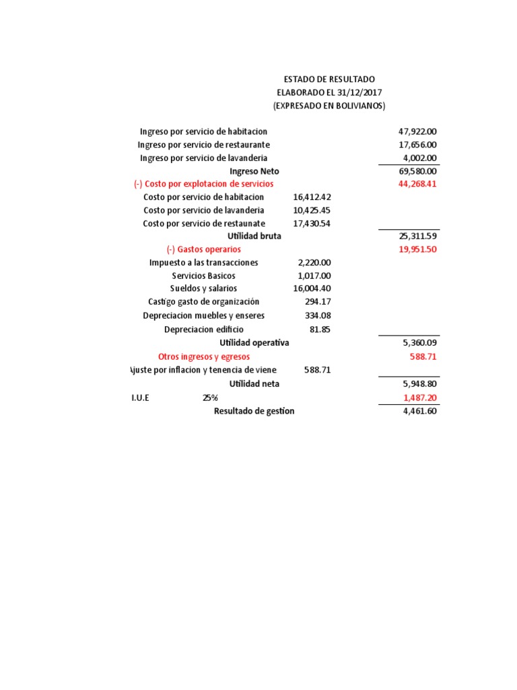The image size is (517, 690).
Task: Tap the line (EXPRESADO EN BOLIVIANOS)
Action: point(329,106)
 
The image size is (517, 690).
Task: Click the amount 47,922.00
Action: point(417,131)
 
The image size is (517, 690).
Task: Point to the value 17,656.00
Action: point(417,145)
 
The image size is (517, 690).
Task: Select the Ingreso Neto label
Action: point(254,171)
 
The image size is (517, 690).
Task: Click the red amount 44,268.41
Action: point(417,184)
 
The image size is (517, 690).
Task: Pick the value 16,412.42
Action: point(312,197)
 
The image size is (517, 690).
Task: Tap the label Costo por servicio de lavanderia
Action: point(203,210)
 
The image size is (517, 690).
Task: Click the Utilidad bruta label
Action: point(254,237)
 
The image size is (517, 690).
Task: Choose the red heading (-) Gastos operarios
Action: point(204,249)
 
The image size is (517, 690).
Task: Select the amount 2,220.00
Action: point(314,263)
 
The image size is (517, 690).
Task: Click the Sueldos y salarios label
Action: point(204,288)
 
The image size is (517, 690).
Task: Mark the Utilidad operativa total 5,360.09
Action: point(419,342)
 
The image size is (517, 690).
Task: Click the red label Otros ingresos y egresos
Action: point(204,356)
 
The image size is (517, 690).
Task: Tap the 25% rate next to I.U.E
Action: point(210,398)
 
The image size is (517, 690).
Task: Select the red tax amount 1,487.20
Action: point(419,398)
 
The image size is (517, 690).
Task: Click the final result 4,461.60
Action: point(419,411)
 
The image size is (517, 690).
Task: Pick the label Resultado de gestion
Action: point(254,411)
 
